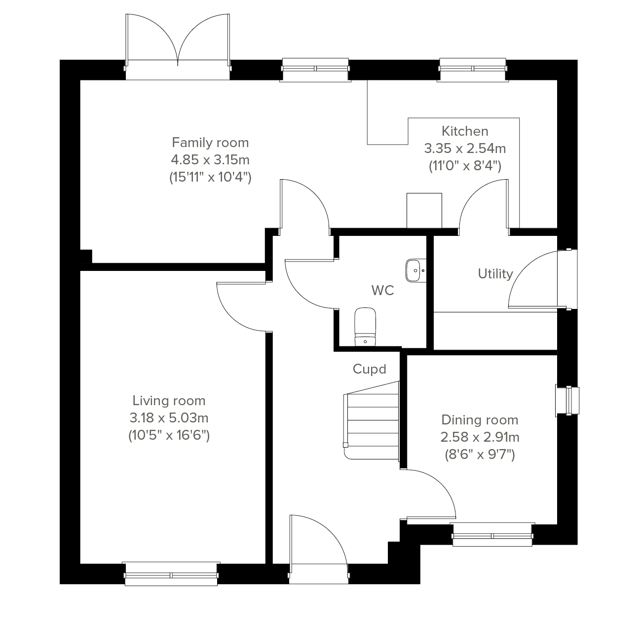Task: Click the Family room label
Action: (x=210, y=143)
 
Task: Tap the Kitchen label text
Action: (x=465, y=131)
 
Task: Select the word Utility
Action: (x=495, y=274)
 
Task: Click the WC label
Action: (x=382, y=291)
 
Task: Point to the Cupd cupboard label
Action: (x=369, y=369)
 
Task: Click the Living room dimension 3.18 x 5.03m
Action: (x=169, y=418)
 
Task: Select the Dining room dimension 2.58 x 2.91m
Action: (x=480, y=437)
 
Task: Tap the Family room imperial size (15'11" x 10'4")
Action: (x=210, y=177)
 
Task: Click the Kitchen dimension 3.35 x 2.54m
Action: (x=465, y=149)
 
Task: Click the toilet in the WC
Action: (x=365, y=327)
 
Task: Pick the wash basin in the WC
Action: (x=416, y=270)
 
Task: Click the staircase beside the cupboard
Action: (x=372, y=420)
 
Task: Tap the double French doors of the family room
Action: (x=178, y=47)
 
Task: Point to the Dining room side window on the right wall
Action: (x=567, y=400)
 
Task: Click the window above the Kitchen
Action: (x=473, y=70)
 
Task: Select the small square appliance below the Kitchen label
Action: (x=424, y=211)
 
